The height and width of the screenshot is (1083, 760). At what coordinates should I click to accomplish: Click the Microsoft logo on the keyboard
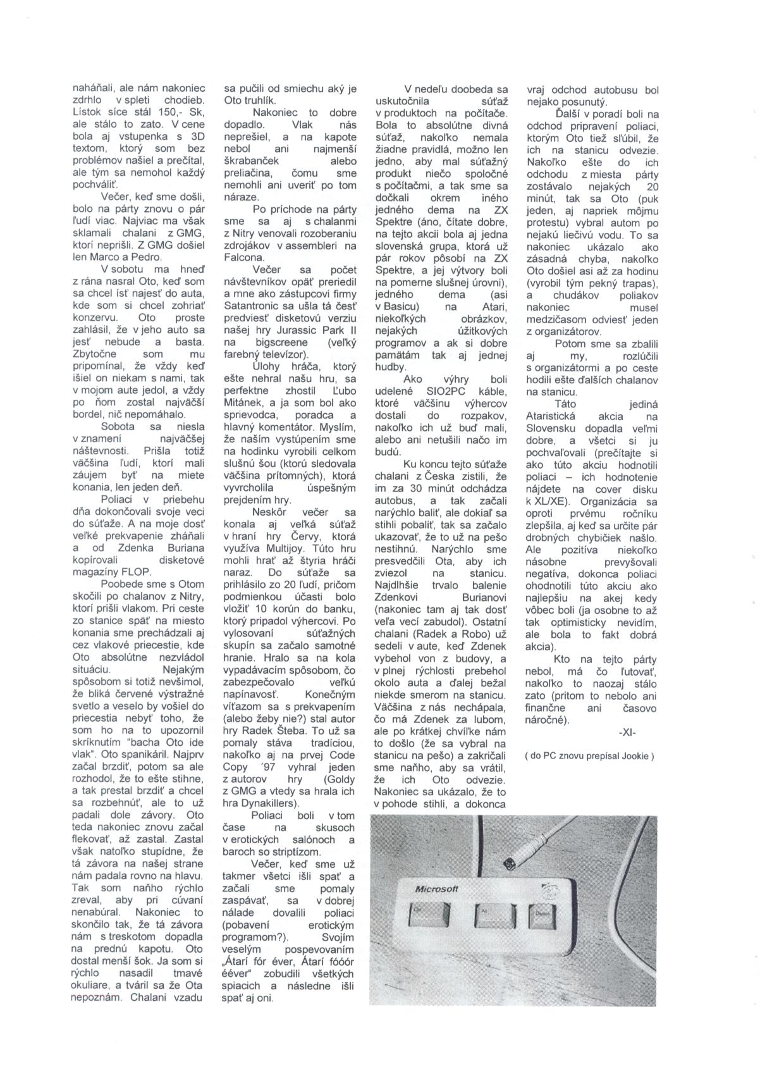(436, 889)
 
